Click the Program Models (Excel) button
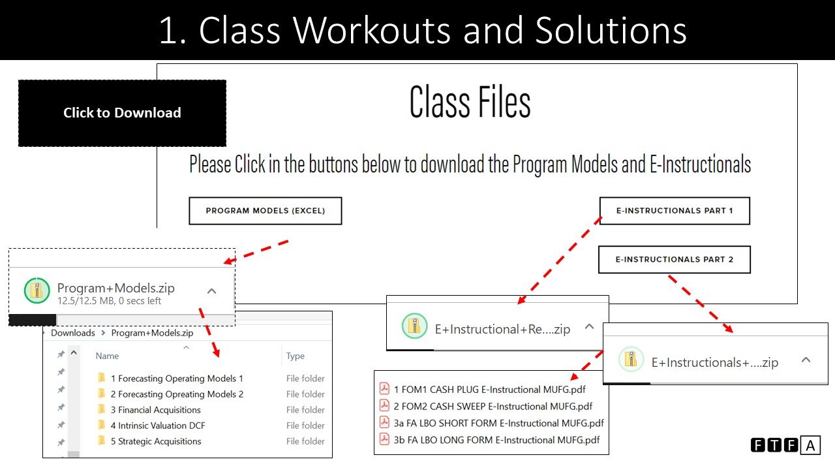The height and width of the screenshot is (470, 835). tap(265, 211)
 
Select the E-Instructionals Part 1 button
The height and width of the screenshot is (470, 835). tap(675, 211)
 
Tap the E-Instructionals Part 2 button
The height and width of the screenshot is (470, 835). tap(675, 259)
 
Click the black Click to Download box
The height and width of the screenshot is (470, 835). tap(122, 113)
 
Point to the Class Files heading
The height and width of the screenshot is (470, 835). tap(470, 103)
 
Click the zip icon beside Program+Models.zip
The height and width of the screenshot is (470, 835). tap(37, 290)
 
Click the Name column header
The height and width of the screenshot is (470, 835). tap(107, 356)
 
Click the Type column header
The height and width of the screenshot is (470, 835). tap(296, 356)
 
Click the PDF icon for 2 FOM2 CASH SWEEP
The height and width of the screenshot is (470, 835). tap(384, 405)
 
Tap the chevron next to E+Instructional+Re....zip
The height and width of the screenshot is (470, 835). tap(589, 327)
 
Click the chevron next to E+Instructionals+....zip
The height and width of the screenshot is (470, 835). tap(806, 360)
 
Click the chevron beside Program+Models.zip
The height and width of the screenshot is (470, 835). tap(211, 291)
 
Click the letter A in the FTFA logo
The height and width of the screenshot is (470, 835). tap(810, 446)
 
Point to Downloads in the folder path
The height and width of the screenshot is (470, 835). tap(73, 333)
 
